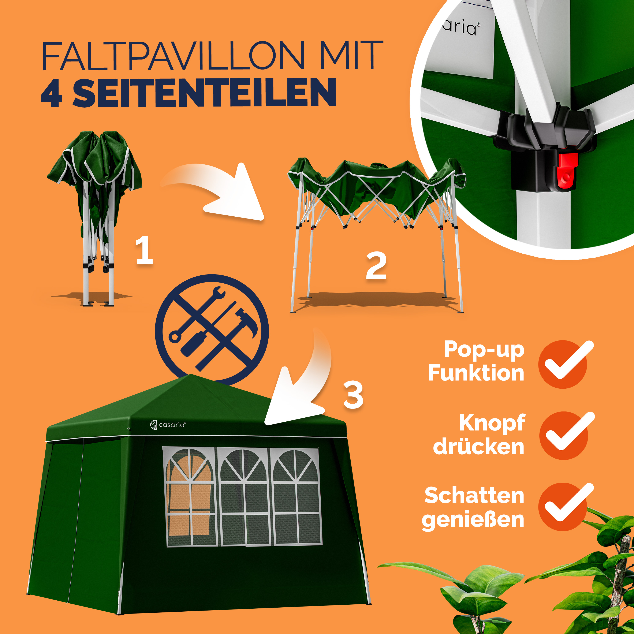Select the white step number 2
[376, 266]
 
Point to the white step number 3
[353, 395]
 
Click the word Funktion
[476, 373]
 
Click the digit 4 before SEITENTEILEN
[52, 93]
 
